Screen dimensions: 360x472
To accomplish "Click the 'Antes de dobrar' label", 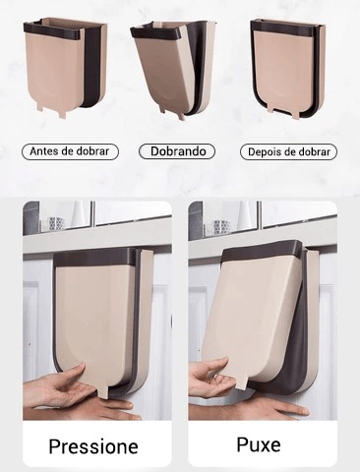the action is pyautogui.click(x=70, y=151).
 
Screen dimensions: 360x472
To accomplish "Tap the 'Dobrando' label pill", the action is pyautogui.click(x=177, y=151).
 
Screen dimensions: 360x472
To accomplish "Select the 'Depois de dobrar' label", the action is pyautogui.click(x=288, y=152).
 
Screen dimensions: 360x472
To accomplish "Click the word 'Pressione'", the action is pyautogui.click(x=93, y=446).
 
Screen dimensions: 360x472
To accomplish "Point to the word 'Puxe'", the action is pyautogui.click(x=259, y=444).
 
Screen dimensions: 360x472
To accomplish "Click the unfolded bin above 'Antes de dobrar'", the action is pyautogui.click(x=65, y=66).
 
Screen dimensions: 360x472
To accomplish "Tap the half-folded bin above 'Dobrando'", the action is pyautogui.click(x=173, y=69).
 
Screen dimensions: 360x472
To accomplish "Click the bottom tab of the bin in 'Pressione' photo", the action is pyautogui.click(x=103, y=391).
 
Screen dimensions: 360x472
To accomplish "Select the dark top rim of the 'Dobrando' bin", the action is pyautogui.click(x=154, y=32).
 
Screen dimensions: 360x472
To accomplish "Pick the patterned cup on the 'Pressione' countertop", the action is pyautogui.click(x=55, y=223).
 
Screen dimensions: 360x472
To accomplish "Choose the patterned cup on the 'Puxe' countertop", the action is pyautogui.click(x=221, y=226).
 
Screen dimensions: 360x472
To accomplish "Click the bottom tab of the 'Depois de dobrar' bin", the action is pyautogui.click(x=283, y=110).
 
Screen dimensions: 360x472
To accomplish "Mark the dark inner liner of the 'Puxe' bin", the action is pyautogui.click(x=288, y=361).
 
